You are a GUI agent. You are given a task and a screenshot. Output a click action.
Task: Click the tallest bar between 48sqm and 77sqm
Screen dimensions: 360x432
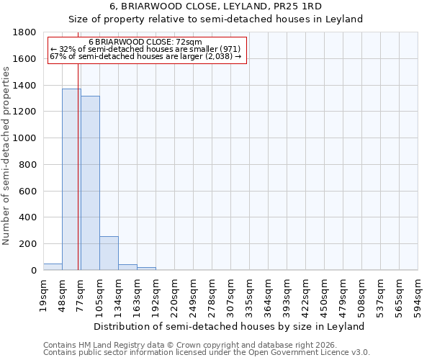(71, 179)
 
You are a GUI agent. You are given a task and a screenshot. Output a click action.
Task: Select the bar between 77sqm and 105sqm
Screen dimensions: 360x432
(90, 183)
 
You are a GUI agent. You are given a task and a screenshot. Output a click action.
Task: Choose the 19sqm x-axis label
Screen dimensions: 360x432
(44, 293)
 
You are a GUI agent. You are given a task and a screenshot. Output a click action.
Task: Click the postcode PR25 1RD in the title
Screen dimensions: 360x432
(292, 6)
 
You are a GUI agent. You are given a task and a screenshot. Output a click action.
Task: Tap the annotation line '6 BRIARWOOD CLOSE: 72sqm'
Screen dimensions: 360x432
(146, 42)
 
